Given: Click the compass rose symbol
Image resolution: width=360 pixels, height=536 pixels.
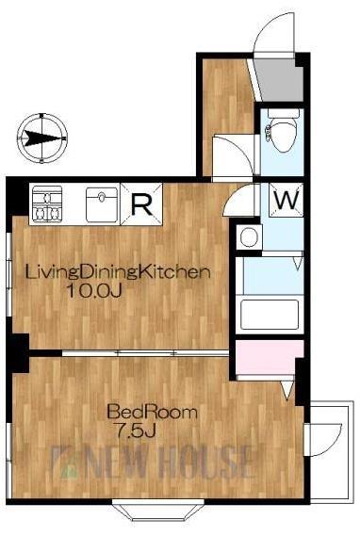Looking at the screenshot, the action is tap(42, 138).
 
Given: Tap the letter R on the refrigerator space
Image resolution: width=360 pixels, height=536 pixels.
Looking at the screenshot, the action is tap(141, 204).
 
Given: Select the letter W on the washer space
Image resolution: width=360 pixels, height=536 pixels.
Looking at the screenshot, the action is tap(286, 200).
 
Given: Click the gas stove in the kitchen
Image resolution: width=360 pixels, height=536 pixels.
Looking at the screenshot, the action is tap(47, 204).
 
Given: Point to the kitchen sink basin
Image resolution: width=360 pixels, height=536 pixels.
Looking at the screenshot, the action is tap(102, 204).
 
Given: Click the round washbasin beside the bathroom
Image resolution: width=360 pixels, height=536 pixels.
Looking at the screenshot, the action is tap(249, 236).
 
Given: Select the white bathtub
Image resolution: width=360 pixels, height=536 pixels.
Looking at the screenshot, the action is tap(270, 315).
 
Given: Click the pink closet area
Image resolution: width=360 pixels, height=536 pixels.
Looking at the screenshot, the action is tap(270, 357).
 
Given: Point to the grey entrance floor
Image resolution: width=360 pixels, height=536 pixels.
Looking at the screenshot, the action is tap(280, 80).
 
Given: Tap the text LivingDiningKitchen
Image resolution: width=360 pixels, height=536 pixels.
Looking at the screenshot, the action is tap(118, 272).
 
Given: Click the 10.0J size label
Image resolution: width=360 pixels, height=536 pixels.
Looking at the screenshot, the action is tap(94, 291).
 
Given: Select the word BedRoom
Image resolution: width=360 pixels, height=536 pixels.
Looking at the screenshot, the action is tap(152, 413).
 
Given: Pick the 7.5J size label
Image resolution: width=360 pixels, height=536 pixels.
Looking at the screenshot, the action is tap(136, 431).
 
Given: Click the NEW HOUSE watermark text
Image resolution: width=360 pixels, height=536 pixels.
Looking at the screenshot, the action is tap(155, 463).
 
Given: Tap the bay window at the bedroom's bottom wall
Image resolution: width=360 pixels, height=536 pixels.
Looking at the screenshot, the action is tap(158, 509).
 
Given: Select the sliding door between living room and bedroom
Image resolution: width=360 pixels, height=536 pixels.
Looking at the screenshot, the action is tap(145, 352).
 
